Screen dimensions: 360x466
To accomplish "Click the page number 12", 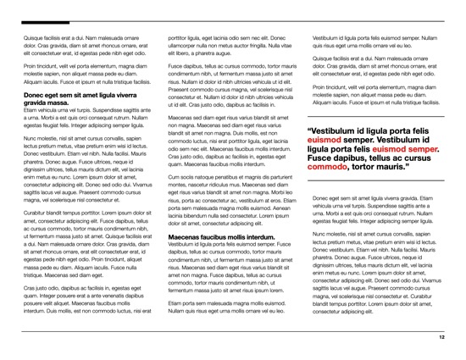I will point(441,336).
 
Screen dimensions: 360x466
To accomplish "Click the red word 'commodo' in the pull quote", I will point(331,167).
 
